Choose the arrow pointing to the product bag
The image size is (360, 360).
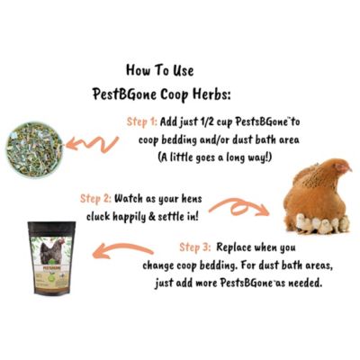click(126, 251)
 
